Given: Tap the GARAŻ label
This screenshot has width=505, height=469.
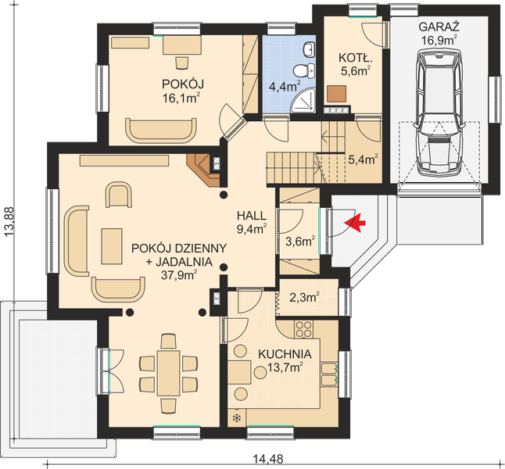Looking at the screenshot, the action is pyautogui.click(x=439, y=27).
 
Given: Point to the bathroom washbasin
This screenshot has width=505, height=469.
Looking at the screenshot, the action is pyautogui.click(x=309, y=49).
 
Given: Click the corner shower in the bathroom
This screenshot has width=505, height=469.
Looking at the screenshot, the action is pyautogui.click(x=303, y=101).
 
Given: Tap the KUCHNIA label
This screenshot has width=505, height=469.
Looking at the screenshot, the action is pyautogui.click(x=285, y=354).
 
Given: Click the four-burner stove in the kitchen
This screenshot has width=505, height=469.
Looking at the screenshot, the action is pyautogui.click(x=303, y=329).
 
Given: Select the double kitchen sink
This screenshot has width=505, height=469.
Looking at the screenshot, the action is pyautogui.click(x=329, y=374).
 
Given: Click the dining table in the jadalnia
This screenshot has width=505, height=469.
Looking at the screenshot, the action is pyautogui.click(x=168, y=374).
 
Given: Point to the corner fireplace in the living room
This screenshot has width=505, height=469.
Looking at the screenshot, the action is pyautogui.click(x=203, y=170).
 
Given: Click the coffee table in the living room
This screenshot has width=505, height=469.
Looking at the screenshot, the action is pyautogui.click(x=112, y=246).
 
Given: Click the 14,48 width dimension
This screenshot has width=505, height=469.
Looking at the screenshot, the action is pyautogui.click(x=268, y=459).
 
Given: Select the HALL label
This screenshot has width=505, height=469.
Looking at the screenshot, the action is pyautogui.click(x=252, y=215).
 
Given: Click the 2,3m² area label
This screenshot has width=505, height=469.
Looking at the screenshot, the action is pyautogui.click(x=304, y=297).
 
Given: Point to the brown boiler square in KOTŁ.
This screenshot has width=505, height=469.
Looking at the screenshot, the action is pyautogui.click(x=337, y=94).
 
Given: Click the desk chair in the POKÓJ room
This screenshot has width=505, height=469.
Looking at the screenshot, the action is pyautogui.click(x=182, y=63).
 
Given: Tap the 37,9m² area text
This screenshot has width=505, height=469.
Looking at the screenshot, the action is pyautogui.click(x=179, y=275).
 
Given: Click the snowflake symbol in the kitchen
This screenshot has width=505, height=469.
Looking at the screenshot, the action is pyautogui.click(x=237, y=418).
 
